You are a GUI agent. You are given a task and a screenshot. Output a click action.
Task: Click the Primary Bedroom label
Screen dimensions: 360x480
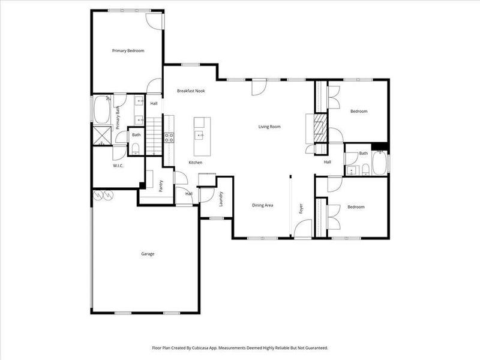point(128,51)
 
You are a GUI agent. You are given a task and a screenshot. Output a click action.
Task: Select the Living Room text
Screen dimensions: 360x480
point(269,127)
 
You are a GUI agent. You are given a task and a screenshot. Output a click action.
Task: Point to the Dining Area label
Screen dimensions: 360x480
point(263,205)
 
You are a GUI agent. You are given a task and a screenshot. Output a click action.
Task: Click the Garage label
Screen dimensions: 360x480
point(148,254)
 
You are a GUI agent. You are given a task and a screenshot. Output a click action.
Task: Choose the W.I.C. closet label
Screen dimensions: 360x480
point(118,166)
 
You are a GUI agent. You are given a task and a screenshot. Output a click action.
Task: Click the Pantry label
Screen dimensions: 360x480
point(161,185)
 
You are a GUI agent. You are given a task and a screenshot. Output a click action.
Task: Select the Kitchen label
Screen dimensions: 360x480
point(196,163)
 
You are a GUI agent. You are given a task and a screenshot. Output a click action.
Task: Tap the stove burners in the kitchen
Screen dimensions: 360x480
point(169,139)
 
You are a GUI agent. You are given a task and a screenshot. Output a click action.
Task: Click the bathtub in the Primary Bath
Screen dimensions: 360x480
point(98,110)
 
